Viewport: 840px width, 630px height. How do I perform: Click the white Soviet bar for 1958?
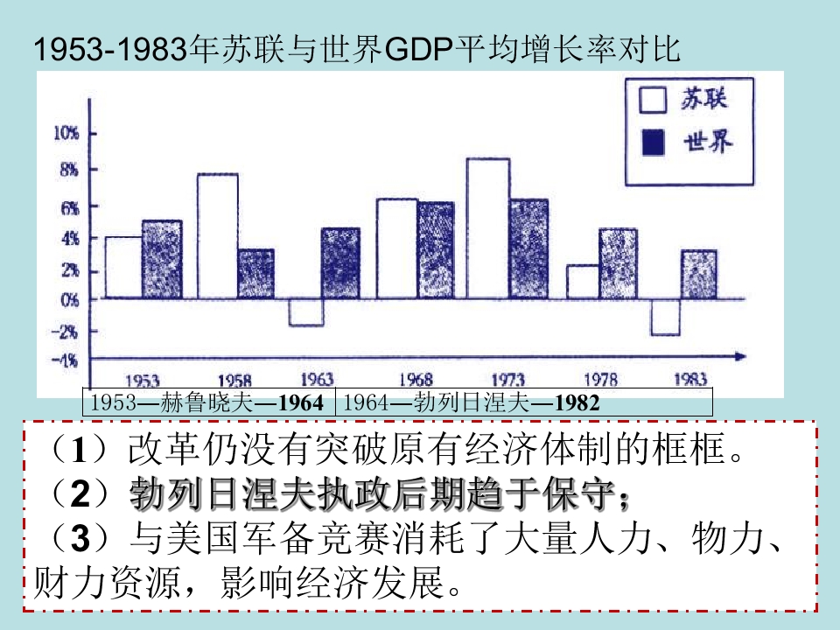218,235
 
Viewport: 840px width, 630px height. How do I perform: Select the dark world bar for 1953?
162,259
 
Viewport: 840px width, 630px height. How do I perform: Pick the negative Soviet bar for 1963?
306,312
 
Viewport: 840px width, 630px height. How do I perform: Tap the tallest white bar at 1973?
488,228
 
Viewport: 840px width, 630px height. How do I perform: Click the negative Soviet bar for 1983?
665,317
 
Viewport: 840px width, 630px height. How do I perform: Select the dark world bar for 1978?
618,263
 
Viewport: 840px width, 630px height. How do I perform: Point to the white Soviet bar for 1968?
396,248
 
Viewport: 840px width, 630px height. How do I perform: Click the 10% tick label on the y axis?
66,133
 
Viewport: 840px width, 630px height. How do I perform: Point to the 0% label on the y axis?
68,298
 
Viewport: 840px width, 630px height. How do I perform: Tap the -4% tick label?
66,360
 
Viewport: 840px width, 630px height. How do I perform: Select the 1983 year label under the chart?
691,379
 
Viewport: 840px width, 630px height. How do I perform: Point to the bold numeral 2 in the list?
80,493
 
